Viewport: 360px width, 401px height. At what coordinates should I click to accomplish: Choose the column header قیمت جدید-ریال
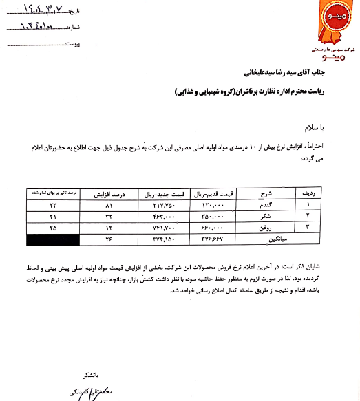tap(162, 194)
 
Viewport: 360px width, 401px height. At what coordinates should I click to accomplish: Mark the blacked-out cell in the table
tap(52, 239)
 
